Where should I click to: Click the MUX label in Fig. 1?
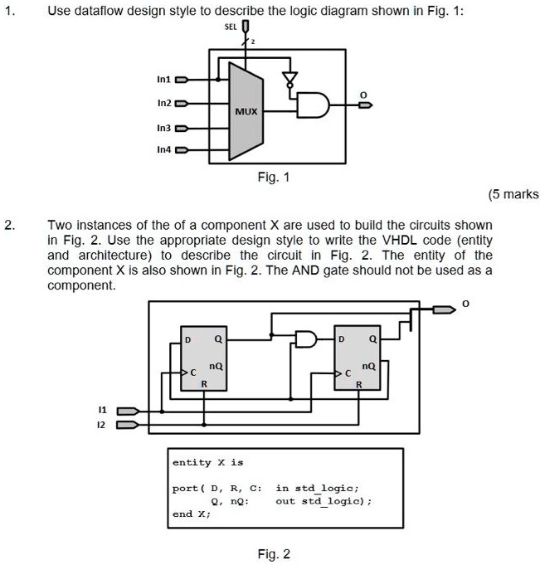click(246, 111)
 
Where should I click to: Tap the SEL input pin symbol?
click(246, 27)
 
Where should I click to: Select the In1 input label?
click(163, 80)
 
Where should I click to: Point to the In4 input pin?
click(181, 150)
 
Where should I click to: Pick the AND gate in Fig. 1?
click(313, 105)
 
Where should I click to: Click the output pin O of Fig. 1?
click(365, 105)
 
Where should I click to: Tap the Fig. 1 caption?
click(274, 177)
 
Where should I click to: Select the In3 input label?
click(163, 129)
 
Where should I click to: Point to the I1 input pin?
click(128, 412)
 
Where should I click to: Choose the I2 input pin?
click(127, 425)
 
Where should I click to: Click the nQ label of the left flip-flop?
click(216, 366)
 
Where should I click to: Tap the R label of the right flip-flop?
click(359, 385)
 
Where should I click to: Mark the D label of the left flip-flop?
click(187, 340)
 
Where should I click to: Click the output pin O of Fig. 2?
click(444, 309)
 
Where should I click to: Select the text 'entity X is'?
click(208, 462)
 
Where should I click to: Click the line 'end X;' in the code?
click(192, 514)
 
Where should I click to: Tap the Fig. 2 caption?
click(274, 554)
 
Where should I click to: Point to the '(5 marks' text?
click(513, 194)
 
